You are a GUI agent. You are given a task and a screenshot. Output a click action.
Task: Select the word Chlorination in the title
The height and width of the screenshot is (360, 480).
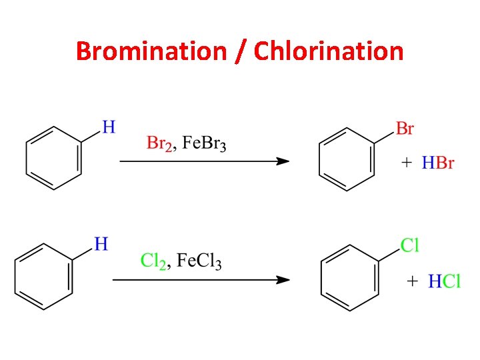[329, 51]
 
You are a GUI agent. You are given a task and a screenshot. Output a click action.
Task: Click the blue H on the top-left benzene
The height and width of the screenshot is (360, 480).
[109, 126]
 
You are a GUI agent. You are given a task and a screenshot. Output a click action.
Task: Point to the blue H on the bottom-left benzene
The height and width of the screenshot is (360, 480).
[101, 245]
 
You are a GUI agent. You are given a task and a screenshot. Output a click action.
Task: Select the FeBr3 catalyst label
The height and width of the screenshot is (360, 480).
[204, 143]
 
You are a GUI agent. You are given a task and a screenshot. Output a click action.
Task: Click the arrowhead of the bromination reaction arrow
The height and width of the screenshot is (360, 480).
[283, 161]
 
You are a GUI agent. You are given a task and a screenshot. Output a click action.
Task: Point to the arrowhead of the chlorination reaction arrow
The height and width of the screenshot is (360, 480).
[283, 280]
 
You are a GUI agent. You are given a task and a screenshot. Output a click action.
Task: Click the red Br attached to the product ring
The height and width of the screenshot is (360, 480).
[405, 128]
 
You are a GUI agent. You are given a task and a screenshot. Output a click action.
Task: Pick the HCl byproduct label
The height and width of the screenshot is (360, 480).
[443, 281]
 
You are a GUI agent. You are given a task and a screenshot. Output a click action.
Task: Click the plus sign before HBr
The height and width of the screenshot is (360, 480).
[407, 163]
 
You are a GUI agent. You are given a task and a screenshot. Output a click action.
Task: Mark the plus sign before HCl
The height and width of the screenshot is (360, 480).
[413, 281]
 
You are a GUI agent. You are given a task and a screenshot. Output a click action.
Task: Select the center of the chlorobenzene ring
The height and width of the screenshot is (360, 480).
[349, 279]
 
